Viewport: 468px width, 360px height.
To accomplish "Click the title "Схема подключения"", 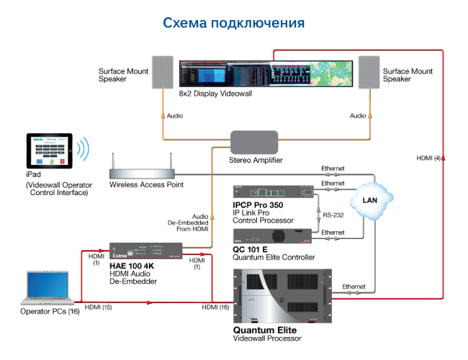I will click(x=234, y=23).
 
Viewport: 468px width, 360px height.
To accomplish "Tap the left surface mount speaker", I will click(x=163, y=73).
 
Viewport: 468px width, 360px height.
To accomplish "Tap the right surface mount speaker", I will click(x=369, y=73).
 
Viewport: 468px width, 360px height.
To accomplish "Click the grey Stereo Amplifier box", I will click(x=254, y=140).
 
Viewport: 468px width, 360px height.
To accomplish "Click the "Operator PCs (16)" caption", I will click(x=50, y=312).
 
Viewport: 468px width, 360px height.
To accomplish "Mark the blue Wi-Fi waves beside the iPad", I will click(x=84, y=148).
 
